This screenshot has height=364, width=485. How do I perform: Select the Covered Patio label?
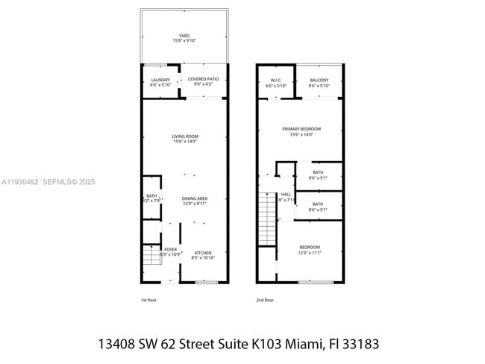pos(202,81)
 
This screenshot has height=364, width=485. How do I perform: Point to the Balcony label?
pos(319,82)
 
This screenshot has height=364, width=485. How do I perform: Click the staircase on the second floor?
pos(267,218)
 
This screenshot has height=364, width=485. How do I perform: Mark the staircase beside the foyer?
pos(151,257)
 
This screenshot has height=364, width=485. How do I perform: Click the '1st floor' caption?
pos(149,300)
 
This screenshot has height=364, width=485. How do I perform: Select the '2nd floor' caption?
pos(265,300)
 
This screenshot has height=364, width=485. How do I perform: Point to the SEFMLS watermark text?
pos(58,181)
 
